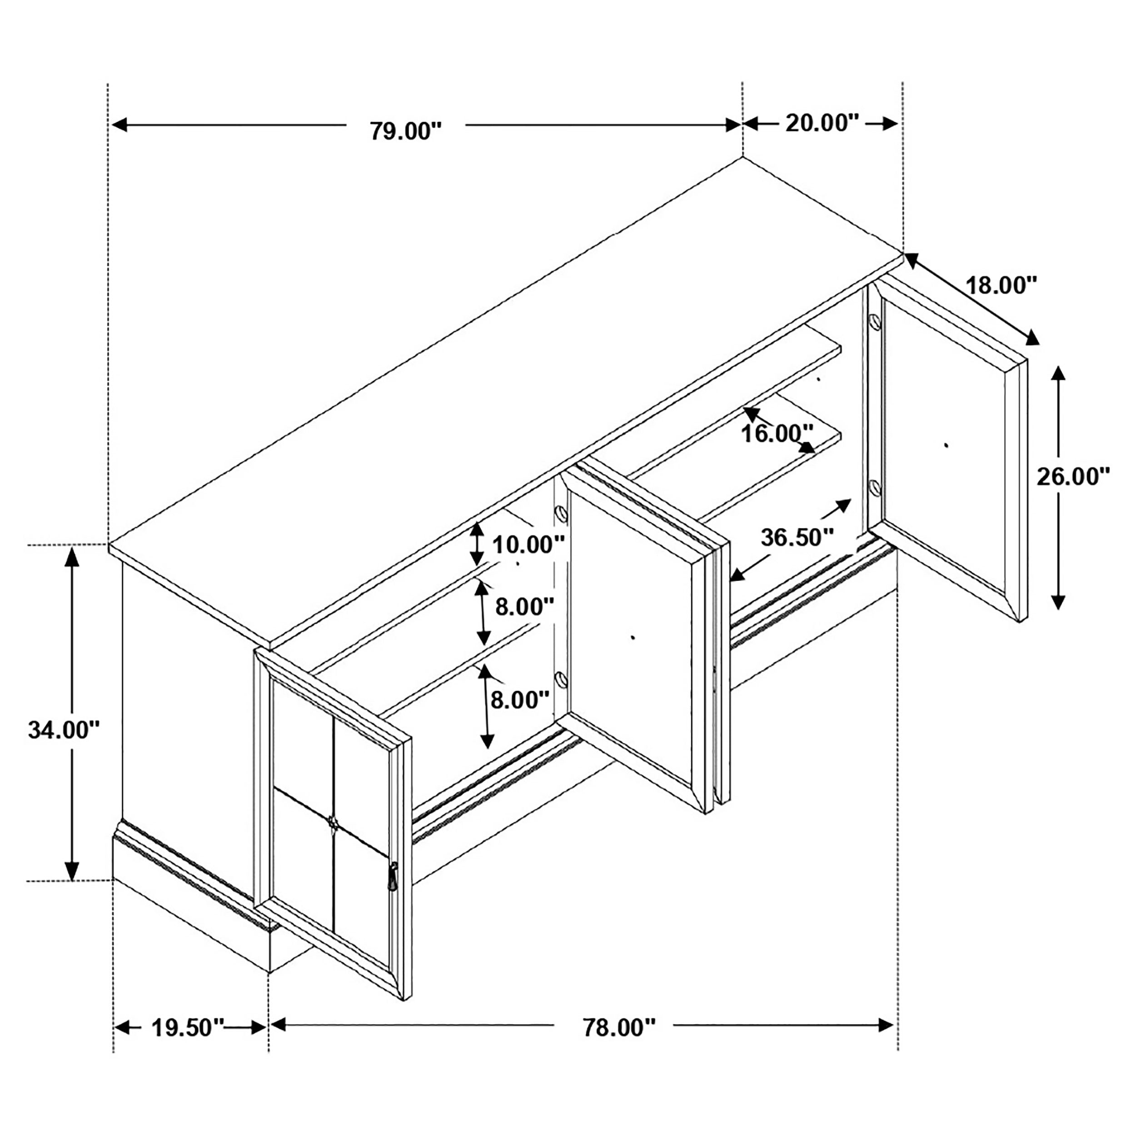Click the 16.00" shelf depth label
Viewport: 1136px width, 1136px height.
[x=777, y=434]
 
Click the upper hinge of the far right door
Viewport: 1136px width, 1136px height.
[x=874, y=322]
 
